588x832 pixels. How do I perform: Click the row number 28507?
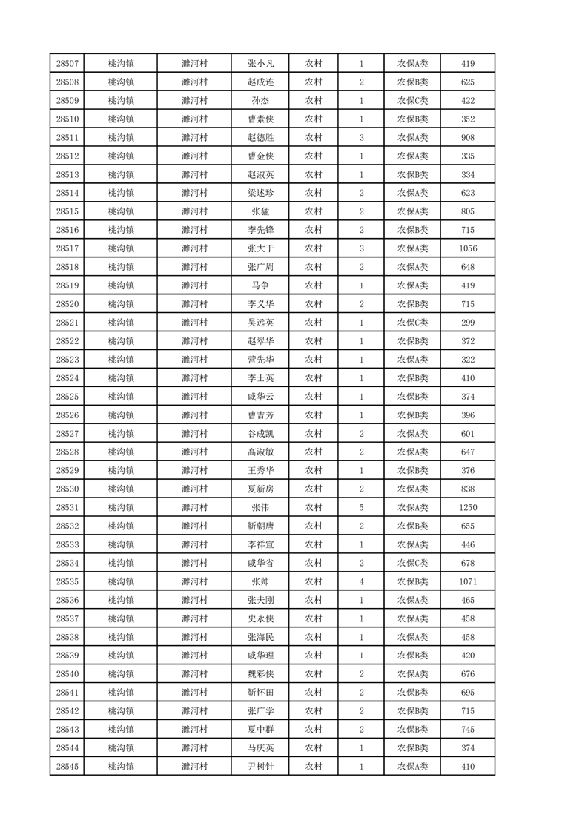pos(67,64)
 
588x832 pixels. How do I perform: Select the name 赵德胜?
pos(261,137)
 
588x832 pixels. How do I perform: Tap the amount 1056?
pos(468,248)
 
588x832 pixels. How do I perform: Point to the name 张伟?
pos(261,507)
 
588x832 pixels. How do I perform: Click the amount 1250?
pos(468,507)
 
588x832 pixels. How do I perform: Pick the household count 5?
pos(361,507)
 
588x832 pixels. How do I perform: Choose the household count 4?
pos(361,581)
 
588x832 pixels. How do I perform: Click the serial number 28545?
pos(67,767)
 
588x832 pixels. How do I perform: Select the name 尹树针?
pos(261,767)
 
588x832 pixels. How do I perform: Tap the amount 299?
pos(468,323)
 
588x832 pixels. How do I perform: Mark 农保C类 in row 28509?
pos(413,101)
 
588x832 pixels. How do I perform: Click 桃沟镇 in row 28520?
pos(121,304)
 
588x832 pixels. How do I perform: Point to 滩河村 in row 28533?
pos(194,544)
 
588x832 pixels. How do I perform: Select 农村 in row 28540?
pos(314,674)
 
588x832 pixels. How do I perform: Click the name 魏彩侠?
pos(261,674)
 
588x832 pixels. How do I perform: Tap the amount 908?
pos(468,137)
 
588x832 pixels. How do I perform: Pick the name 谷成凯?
pos(261,434)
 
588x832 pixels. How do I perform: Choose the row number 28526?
pos(67,415)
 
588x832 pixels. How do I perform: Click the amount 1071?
pos(468,581)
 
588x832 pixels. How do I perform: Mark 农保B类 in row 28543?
pos(413,730)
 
